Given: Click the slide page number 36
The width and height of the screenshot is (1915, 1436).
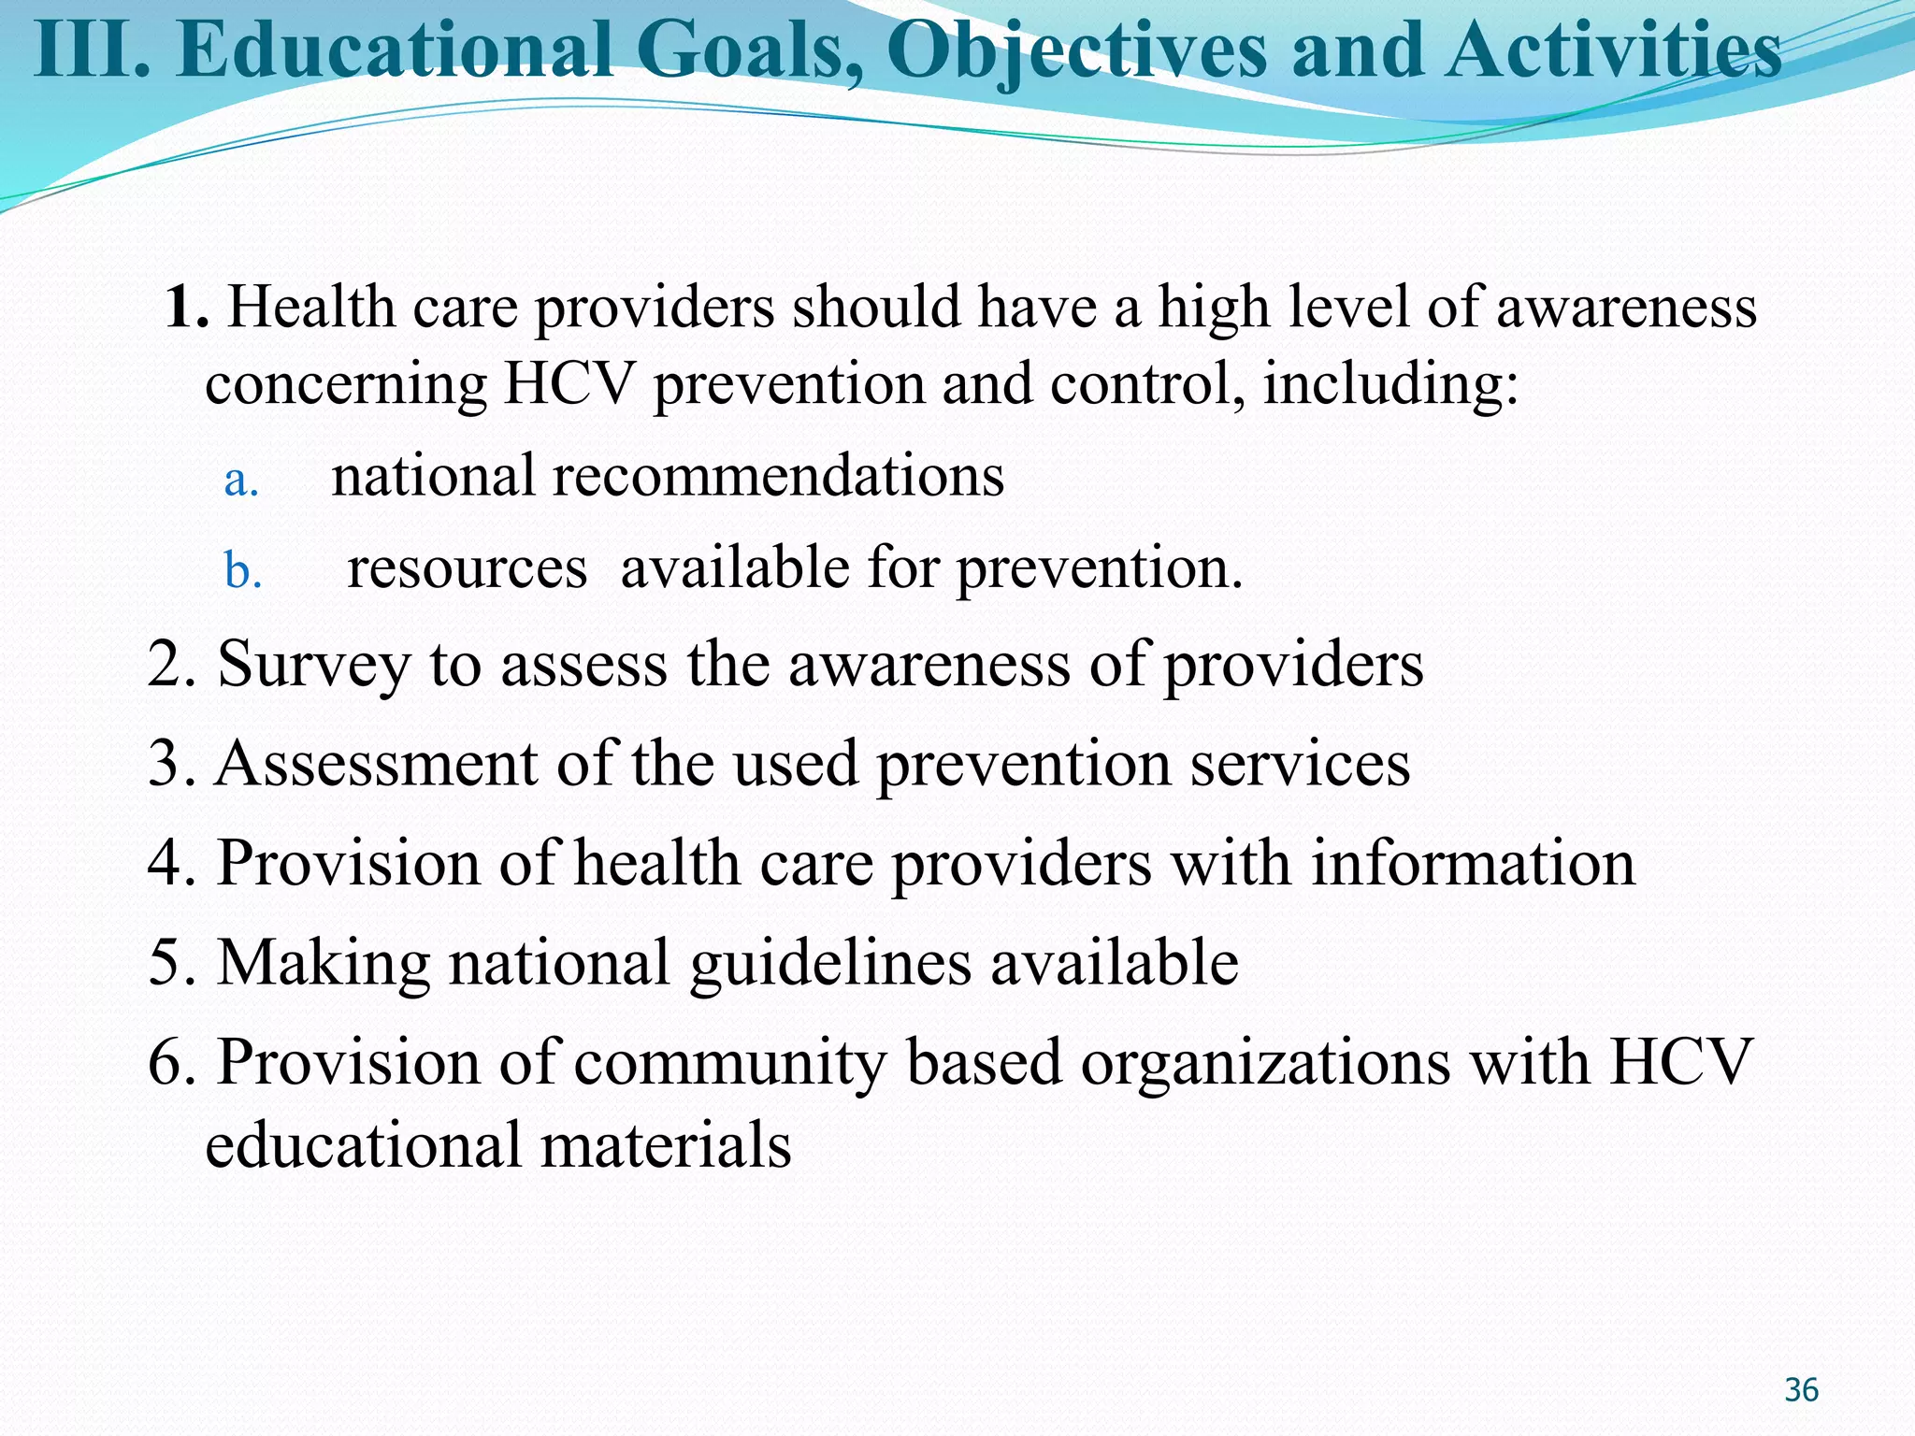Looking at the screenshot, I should (1801, 1390).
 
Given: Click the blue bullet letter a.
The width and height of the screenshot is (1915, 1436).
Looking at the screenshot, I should (240, 481).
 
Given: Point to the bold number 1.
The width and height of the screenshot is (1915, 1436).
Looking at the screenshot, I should (185, 309).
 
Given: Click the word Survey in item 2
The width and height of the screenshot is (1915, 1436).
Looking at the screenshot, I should (313, 666).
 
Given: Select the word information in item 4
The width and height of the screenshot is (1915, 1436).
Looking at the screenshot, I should (1473, 863).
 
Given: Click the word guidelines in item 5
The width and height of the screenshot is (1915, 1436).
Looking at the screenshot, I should (830, 964).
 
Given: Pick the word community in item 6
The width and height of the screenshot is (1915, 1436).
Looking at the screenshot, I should (730, 1064).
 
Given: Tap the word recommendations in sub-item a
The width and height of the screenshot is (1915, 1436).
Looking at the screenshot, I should (777, 476).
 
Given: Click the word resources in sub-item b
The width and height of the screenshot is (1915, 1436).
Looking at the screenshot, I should (467, 568).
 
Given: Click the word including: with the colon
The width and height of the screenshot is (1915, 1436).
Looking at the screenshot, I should (1390, 384).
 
